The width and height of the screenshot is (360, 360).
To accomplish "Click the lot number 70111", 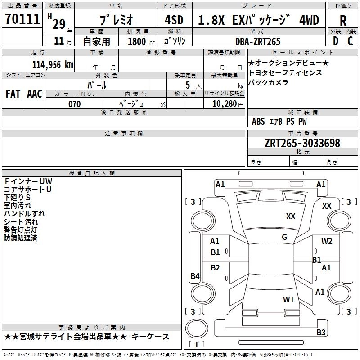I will (22, 20).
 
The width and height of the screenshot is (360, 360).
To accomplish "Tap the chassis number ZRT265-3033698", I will (302, 143).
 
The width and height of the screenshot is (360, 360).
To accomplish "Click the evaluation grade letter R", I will (343, 20).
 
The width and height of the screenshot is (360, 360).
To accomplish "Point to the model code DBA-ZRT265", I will (258, 41).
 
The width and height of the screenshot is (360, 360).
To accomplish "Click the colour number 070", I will (74, 104).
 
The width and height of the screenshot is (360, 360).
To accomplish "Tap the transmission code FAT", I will (13, 94).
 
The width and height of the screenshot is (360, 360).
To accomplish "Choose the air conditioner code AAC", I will (34, 94).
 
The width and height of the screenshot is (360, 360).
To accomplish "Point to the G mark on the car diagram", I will (284, 237).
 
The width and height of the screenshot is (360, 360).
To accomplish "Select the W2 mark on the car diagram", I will (327, 241).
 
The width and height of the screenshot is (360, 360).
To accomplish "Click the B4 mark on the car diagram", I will (195, 276).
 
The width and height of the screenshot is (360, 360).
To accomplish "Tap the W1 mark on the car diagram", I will (288, 299).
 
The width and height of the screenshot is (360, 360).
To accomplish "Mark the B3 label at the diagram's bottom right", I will (321, 333).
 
